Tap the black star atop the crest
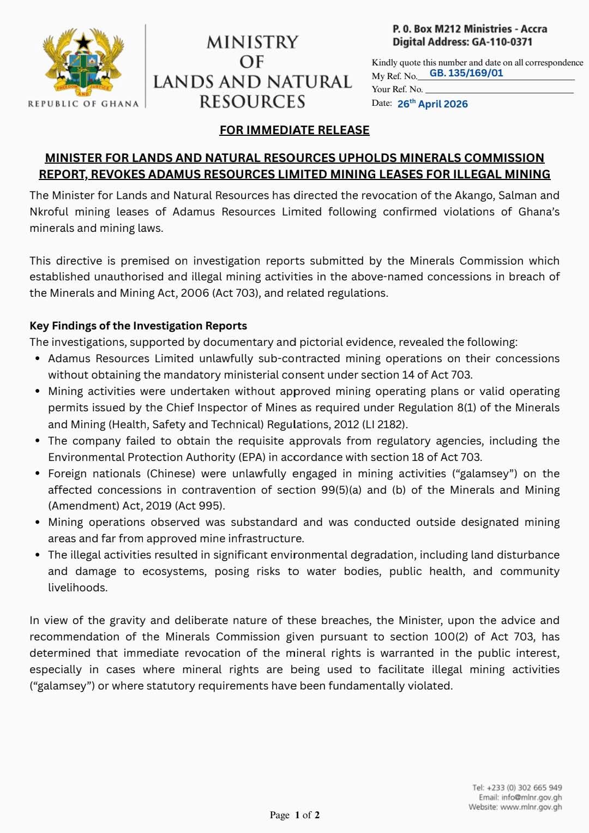pos(83,41)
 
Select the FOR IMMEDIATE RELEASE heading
pos(294,130)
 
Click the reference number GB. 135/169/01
pos(466,73)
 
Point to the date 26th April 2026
pos(432,104)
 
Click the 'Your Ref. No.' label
pos(397,89)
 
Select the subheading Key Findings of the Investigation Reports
pos(138,326)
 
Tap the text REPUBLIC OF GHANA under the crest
pos(83,104)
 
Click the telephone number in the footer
pos(517,787)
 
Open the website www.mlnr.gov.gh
pos(531,807)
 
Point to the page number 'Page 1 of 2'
pos(294,815)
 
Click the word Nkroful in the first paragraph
pos(49,212)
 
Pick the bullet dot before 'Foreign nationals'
pos(37,474)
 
